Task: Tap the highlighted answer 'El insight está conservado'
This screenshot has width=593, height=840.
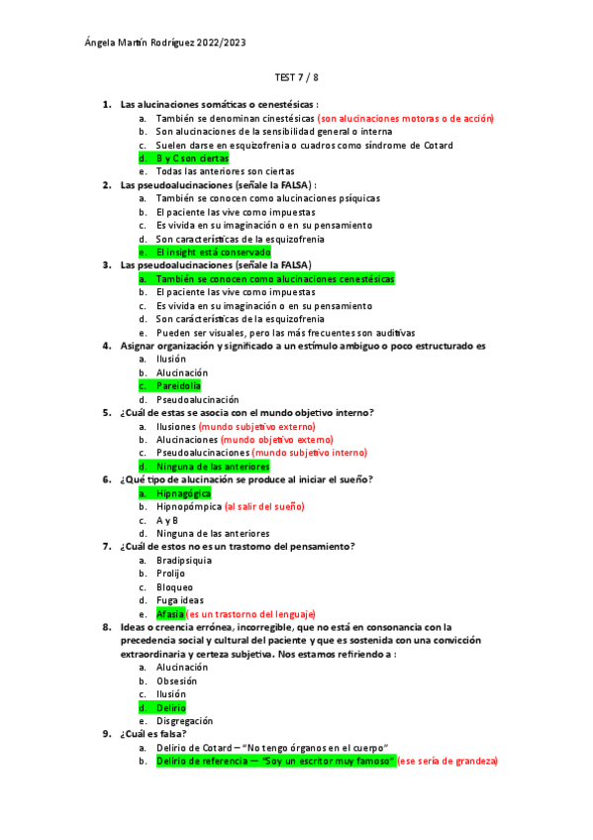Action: pyautogui.click(x=213, y=253)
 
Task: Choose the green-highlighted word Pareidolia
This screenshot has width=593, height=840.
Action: pyautogui.click(x=178, y=385)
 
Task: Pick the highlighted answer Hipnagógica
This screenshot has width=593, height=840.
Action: pyautogui.click(x=183, y=492)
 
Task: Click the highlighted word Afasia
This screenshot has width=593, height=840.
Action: pyautogui.click(x=171, y=613)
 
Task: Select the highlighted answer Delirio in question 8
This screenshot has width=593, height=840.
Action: pyautogui.click(x=171, y=708)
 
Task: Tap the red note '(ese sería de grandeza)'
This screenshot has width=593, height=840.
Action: pyautogui.click(x=447, y=761)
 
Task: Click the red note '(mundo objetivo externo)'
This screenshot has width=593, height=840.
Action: pyautogui.click(x=277, y=440)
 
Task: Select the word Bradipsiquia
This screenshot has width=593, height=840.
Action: pyautogui.click(x=184, y=560)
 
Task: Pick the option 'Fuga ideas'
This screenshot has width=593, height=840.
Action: pyautogui.click(x=180, y=599)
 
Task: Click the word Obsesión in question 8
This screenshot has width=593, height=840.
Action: pyautogui.click(x=177, y=681)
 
